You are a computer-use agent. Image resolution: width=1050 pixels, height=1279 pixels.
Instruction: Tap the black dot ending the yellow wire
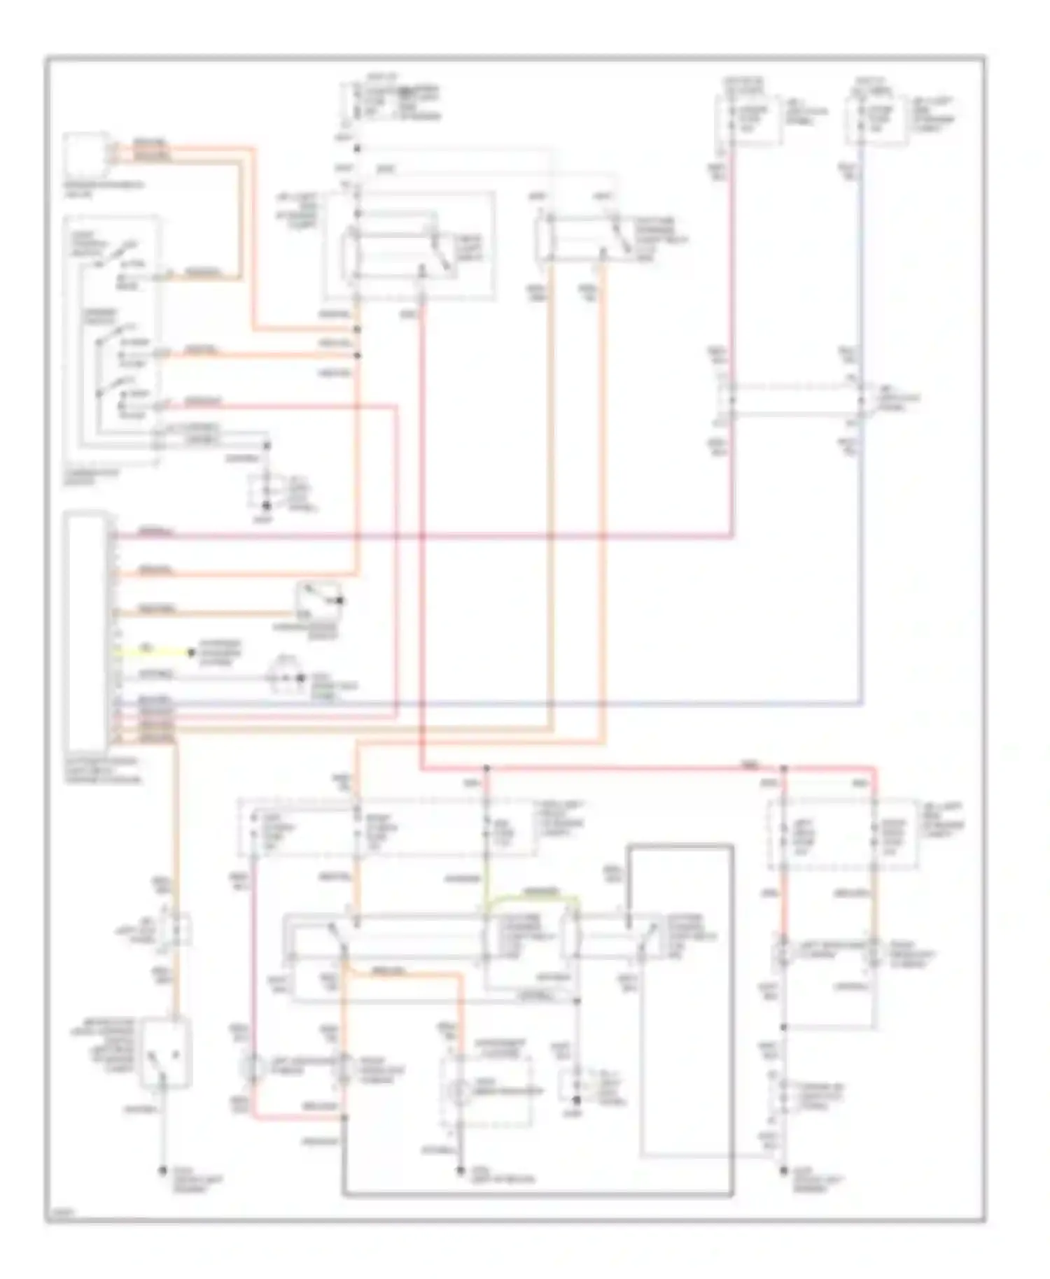pyautogui.click(x=190, y=653)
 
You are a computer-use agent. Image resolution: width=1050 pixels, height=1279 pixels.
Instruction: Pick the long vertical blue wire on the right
pyautogui.click(x=862, y=560)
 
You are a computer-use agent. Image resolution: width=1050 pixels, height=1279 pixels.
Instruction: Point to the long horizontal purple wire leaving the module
pyautogui.click(x=420, y=537)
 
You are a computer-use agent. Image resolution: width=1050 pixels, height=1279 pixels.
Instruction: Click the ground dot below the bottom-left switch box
pyautogui.click(x=162, y=1171)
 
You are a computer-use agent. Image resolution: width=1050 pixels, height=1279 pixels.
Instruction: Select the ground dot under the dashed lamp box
pyautogui.click(x=461, y=1170)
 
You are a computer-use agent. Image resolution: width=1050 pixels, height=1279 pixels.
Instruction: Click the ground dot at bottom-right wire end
pyautogui.click(x=784, y=1170)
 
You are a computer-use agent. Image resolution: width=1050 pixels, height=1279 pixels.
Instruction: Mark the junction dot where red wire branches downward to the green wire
pyautogui.click(x=487, y=769)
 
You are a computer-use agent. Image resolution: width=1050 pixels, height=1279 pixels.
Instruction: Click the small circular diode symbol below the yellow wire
pyautogui.click(x=283, y=678)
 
